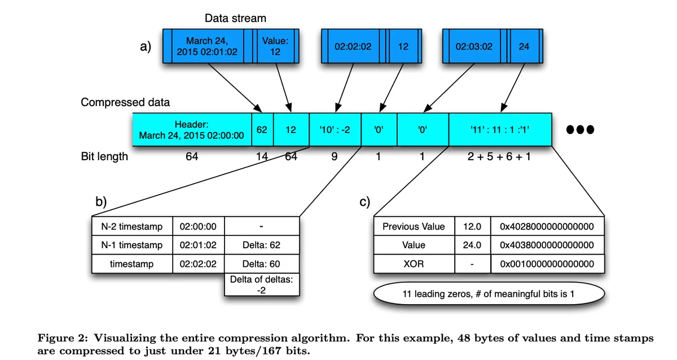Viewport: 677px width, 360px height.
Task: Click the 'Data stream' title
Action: pos(235,19)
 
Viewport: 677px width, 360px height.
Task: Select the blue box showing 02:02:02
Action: pos(353,46)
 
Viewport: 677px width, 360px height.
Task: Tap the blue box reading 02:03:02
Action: pos(474,46)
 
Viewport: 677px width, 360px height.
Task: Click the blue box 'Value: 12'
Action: pos(275,46)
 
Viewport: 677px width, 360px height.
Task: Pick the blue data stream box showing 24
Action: pos(524,46)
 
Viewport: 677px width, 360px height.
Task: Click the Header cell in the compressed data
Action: pos(192,130)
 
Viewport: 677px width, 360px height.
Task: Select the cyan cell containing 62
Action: pos(262,130)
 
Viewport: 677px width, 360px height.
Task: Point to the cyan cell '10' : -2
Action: pos(335,130)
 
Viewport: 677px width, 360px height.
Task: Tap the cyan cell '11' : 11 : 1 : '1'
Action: pos(500,130)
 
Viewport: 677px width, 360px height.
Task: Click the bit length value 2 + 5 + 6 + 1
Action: pos(499,156)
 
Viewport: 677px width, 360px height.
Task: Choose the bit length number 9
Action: pos(334,156)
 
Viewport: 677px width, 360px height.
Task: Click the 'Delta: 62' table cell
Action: pos(262,245)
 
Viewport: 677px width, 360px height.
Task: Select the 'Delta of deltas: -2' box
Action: pos(262,285)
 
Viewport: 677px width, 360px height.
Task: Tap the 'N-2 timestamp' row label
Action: pos(132,226)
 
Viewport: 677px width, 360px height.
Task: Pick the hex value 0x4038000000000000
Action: pos(547,245)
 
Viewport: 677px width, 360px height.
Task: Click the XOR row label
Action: pos(414,264)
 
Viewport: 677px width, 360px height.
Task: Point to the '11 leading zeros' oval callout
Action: pos(489,293)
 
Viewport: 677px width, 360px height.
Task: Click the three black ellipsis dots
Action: pos(581,130)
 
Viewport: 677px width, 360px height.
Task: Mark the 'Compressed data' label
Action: pos(125,102)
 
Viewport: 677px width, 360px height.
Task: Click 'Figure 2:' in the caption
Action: pos(63,338)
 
